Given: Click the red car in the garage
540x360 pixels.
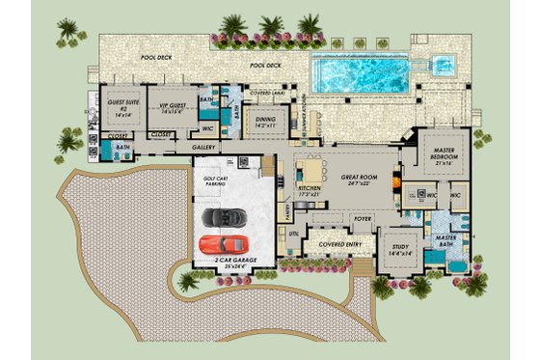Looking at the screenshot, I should pyautogui.click(x=225, y=242).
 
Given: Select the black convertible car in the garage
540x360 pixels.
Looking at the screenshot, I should pyautogui.click(x=225, y=217).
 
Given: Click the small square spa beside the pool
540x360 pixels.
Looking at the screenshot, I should pyautogui.click(x=444, y=66).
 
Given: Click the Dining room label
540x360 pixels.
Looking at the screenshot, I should pyautogui.click(x=262, y=122).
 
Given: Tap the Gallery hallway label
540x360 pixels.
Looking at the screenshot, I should pyautogui.click(x=202, y=148).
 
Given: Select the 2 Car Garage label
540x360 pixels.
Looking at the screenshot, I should pyautogui.click(x=226, y=263).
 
